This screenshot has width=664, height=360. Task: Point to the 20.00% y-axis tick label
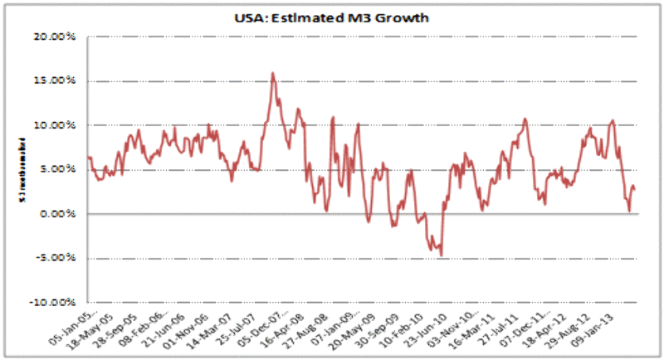click(56, 37)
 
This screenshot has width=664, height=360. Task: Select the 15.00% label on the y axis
click(56, 81)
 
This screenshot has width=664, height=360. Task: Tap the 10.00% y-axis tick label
click(56, 125)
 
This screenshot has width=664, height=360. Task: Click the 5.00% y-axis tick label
click(59, 169)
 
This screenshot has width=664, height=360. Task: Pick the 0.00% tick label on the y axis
click(59, 213)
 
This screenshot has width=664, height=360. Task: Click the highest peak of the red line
click(272, 73)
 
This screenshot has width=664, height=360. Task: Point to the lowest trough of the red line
click(442, 255)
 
